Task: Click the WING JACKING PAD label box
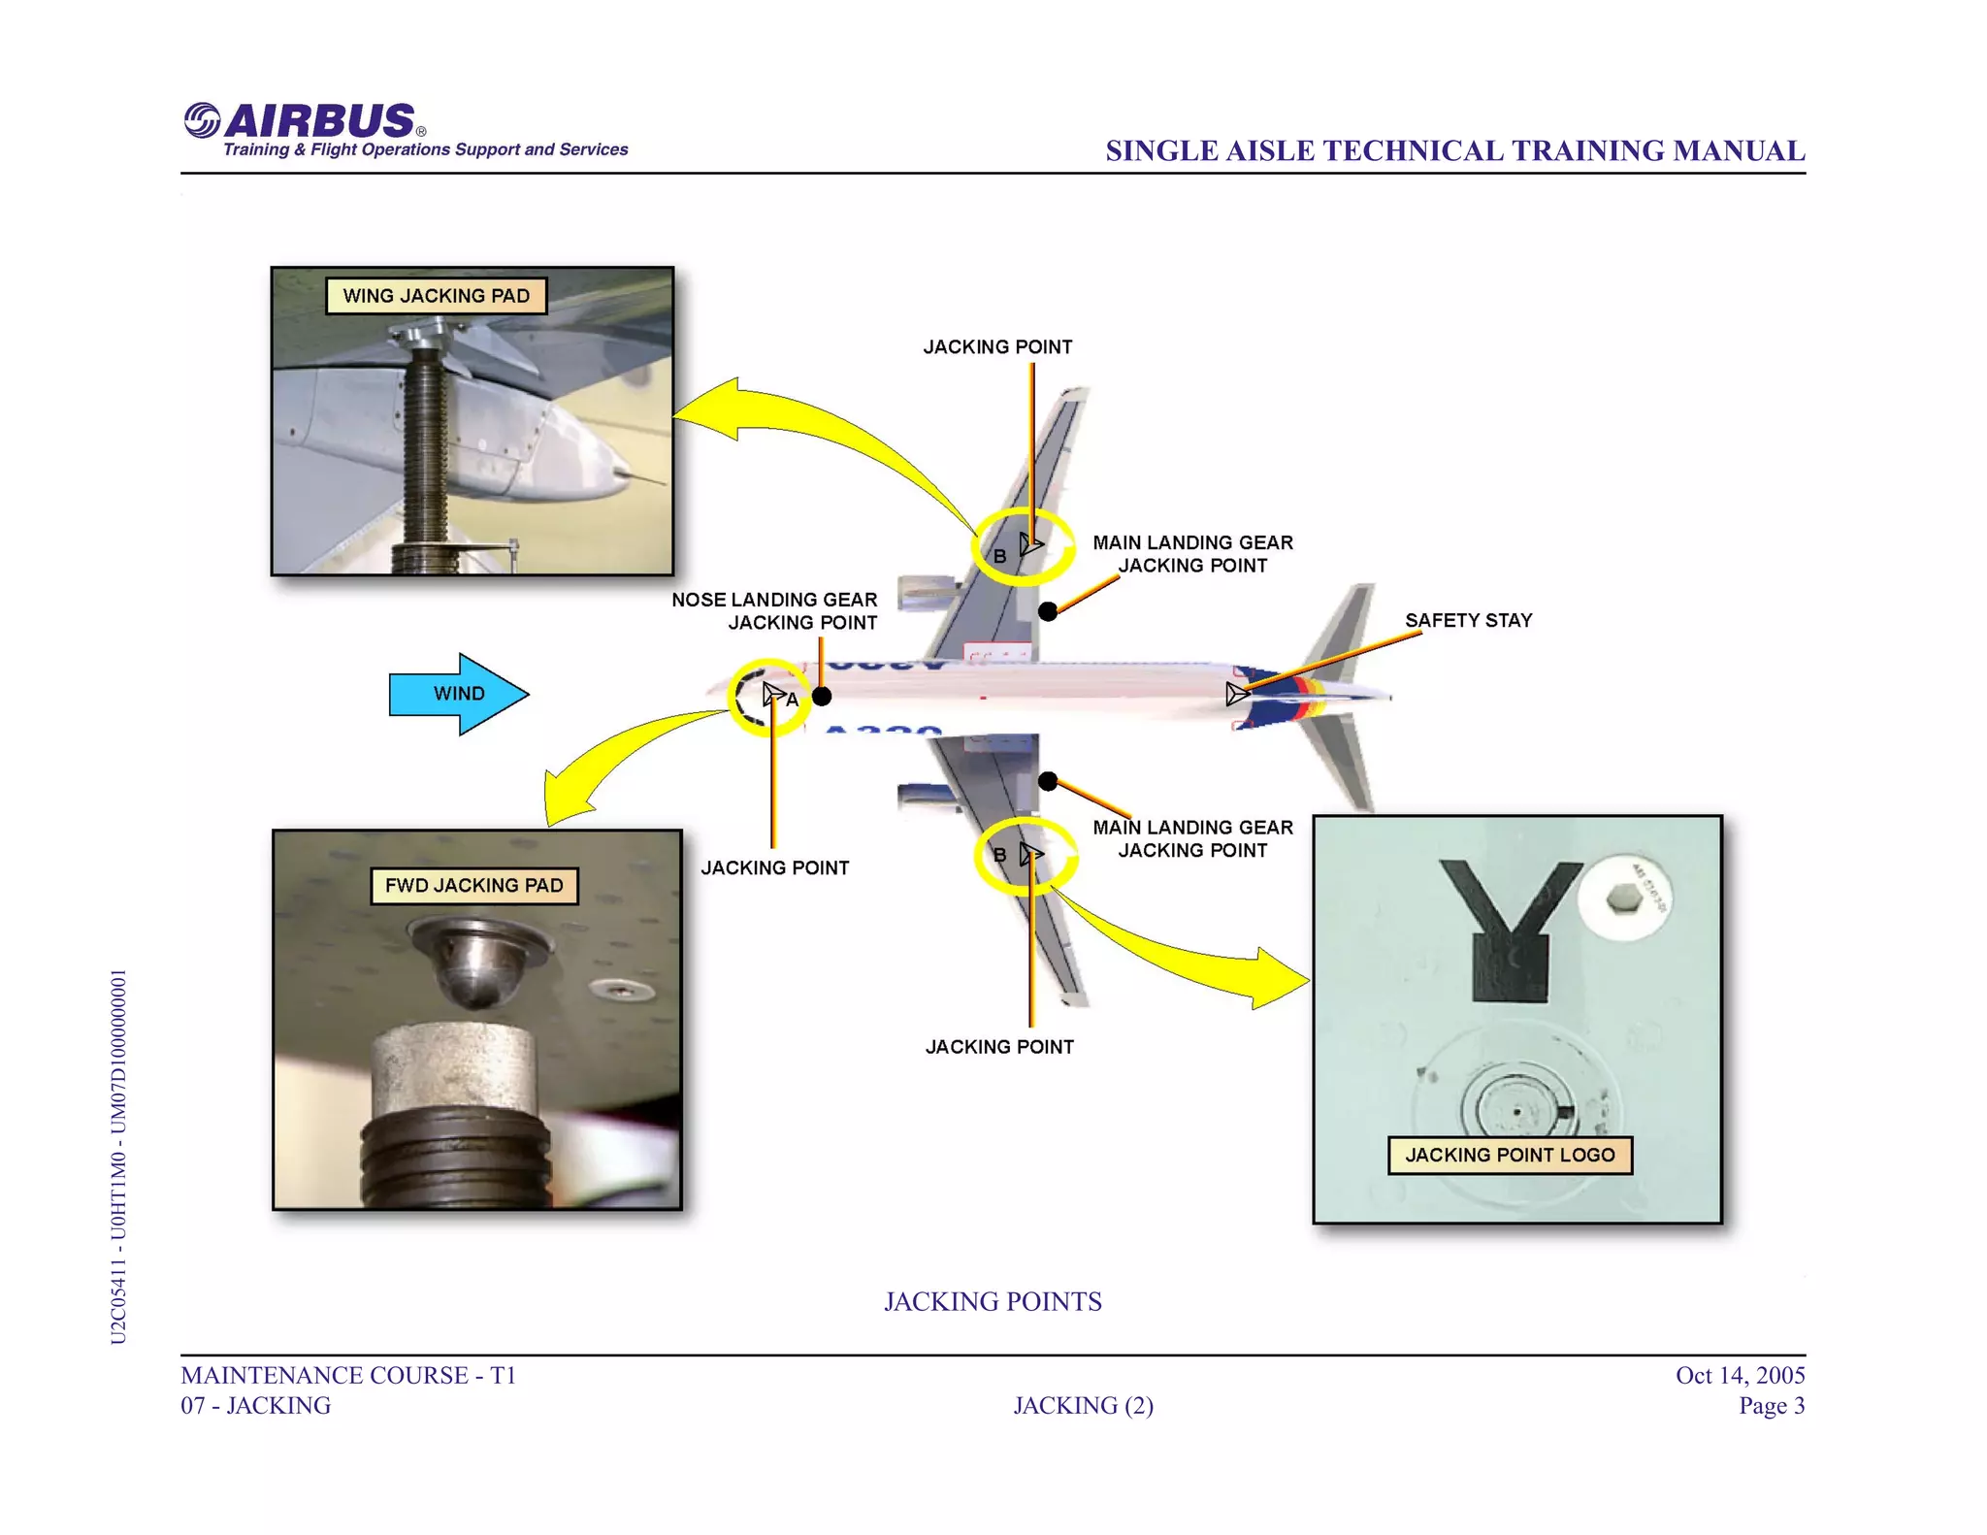pos(436,296)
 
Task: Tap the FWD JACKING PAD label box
pos(473,886)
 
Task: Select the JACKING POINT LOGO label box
pos(1509,1155)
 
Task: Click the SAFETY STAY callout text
pos(1468,620)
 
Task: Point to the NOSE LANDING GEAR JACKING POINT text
pos(774,611)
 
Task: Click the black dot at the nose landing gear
pos(821,696)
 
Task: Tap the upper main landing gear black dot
pos(1048,611)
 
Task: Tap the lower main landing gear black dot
pos(1048,781)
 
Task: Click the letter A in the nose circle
pos(793,700)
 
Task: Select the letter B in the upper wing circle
pos(999,557)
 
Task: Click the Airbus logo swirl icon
pos(202,121)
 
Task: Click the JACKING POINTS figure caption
pos(993,1301)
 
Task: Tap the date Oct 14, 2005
pos(1740,1375)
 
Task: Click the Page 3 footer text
pos(1771,1405)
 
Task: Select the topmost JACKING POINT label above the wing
pos(997,347)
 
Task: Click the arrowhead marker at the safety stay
pos(1237,694)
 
